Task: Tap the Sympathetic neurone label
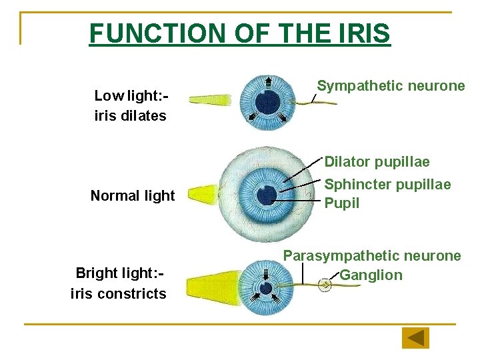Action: click(391, 86)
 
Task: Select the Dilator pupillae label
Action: click(377, 162)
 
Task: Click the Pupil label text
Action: click(341, 203)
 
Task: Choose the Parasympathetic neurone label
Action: click(372, 255)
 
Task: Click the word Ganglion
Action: click(371, 275)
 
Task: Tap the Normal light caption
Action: click(132, 195)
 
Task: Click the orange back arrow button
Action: click(415, 338)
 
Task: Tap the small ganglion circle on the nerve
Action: click(325, 285)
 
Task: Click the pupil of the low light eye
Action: click(267, 102)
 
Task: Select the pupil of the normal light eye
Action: click(266, 194)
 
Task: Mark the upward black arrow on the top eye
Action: click(268, 83)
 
